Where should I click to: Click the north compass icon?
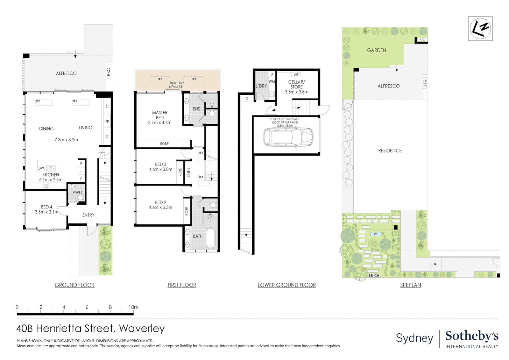[480, 29]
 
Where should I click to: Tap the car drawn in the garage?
[288, 137]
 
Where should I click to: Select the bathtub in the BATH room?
[211, 238]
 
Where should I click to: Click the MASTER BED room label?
[160, 115]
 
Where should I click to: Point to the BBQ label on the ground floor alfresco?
[109, 72]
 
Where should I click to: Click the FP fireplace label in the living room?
[107, 121]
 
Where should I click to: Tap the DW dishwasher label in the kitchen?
[41, 168]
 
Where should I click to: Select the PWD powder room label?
[77, 192]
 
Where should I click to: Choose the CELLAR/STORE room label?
[296, 84]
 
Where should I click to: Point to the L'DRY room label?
[261, 86]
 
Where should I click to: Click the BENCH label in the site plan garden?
[374, 276]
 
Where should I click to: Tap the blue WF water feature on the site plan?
[376, 234]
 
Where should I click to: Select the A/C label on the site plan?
[422, 40]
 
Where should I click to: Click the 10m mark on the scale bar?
[134, 307]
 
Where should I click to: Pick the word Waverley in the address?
[142, 329]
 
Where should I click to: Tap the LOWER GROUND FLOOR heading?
[287, 285]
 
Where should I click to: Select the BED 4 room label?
[47, 207]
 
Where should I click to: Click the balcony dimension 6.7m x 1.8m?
[177, 87]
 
